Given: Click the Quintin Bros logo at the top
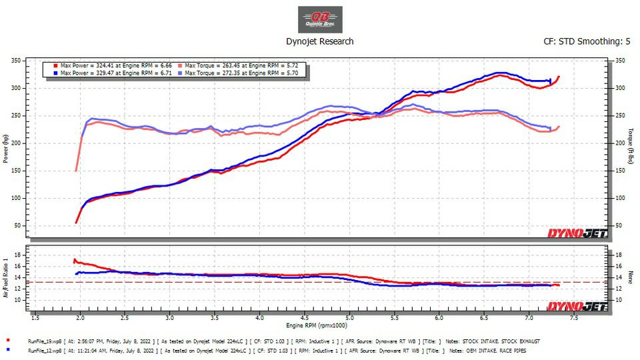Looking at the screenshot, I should click(x=320, y=19).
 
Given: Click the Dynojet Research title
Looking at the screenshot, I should click(x=320, y=41).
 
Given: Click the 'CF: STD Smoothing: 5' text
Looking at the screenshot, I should click(x=587, y=41).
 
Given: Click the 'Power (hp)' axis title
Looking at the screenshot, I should click(x=6, y=149).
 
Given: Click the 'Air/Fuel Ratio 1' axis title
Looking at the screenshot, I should click(x=6, y=277).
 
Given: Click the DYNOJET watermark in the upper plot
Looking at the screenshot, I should click(x=577, y=233).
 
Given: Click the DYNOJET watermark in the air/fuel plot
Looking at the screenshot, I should click(x=577, y=306).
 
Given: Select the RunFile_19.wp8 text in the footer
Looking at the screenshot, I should click(x=44, y=341).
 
